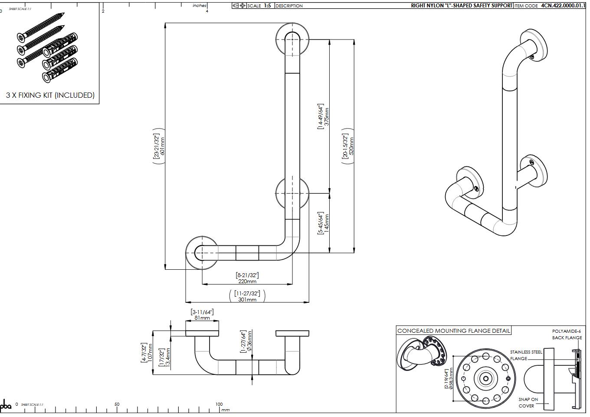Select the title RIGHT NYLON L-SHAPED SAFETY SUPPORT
pos(461,6)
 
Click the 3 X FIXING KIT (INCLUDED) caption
pos(50,95)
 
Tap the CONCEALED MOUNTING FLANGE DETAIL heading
pos(454,331)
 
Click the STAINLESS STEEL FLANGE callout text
pos(525,355)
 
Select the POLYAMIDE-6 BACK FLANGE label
pos(567,334)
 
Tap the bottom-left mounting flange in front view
pos(202,252)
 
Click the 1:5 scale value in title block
pos(267,6)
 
